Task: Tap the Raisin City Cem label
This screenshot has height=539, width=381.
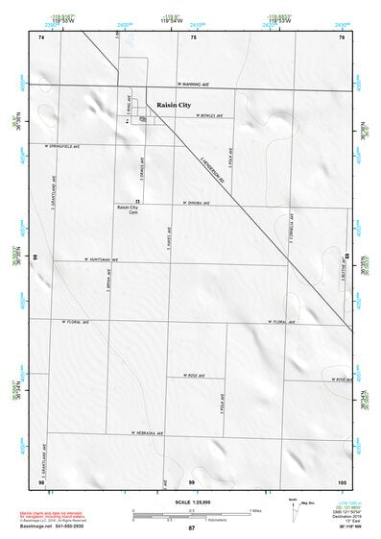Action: [x=128, y=210]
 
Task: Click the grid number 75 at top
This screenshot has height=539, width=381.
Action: [x=193, y=37]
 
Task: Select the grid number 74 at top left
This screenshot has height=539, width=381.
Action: [x=41, y=37]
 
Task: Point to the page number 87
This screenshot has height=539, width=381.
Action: [x=192, y=528]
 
